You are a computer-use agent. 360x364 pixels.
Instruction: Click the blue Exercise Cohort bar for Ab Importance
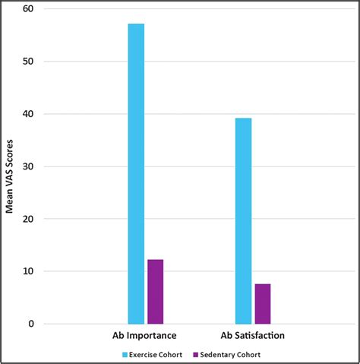tap(136, 174)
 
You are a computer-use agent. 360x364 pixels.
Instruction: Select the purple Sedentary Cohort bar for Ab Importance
tap(155, 292)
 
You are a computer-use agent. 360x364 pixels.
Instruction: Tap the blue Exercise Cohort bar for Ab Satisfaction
tap(243, 221)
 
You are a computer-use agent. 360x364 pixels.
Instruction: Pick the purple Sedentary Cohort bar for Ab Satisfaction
tap(263, 304)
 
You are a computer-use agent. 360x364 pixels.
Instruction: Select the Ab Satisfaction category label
tap(253, 335)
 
